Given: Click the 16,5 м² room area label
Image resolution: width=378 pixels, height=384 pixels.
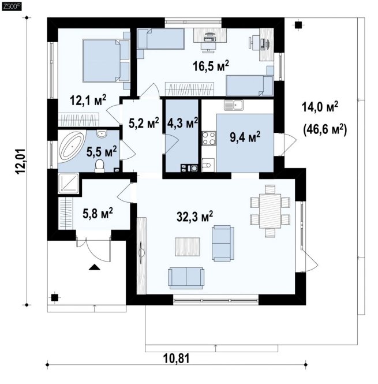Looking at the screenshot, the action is tap(211, 66).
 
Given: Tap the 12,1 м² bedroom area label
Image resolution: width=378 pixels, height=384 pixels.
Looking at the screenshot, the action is tap(88, 100).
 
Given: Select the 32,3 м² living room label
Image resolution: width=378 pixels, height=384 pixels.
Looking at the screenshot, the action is tap(194, 216).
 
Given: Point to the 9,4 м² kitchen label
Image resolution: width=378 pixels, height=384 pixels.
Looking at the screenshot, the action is tap(245, 137).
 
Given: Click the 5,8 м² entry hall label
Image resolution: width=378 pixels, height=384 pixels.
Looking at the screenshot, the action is tap(98, 213).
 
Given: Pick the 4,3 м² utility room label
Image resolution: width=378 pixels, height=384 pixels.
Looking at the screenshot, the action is tap(182, 122).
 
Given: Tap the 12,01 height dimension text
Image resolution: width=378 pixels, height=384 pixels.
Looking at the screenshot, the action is tap(21, 161).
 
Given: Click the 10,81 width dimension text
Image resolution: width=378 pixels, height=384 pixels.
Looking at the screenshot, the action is tap(176, 359).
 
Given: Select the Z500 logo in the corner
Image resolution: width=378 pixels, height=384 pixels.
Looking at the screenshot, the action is tap(12, 6).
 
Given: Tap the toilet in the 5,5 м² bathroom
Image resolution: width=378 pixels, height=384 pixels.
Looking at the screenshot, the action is tap(100, 166).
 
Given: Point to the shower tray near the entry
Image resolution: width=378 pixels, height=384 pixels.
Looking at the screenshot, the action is tap(68, 183).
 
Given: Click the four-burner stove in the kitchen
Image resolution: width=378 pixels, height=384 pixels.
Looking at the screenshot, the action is tap(209, 139).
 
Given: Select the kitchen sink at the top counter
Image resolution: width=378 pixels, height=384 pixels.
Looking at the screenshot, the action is tap(234, 105).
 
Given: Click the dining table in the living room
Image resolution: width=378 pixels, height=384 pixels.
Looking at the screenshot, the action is tap(270, 211).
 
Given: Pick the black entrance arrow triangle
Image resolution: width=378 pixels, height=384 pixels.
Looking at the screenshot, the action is tap(95, 267).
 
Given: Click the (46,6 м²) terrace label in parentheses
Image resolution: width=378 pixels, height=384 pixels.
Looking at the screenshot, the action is tap(325, 130).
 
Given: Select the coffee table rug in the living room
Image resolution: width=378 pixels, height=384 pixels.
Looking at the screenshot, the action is tap(188, 247).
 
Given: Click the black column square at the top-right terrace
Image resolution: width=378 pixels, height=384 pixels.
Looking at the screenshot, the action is tap(298, 25).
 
